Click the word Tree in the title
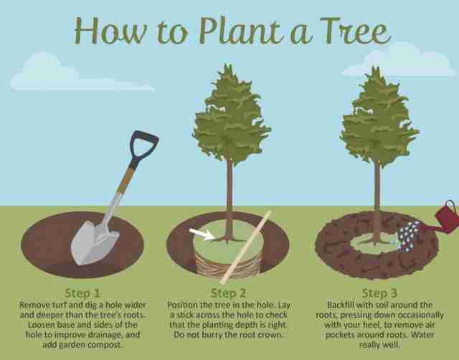coord(356,32)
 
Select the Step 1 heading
coord(82,293)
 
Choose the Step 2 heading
coord(228,293)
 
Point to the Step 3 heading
coord(379,293)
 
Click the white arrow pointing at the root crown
coord(202,235)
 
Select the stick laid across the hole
coord(247,247)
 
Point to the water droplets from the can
coord(409,236)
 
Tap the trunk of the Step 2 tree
coord(229,199)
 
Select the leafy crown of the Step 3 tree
coord(379,117)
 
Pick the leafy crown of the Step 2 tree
coord(231,115)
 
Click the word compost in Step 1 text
coord(104,345)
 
